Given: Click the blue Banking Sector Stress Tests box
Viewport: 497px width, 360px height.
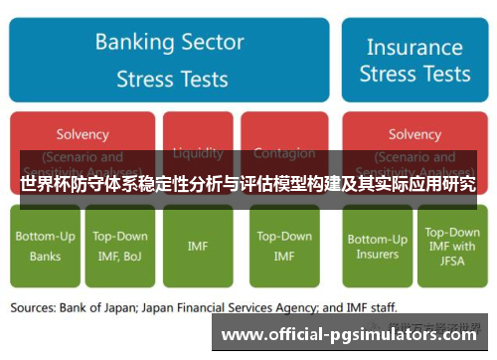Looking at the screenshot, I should click(x=169, y=60).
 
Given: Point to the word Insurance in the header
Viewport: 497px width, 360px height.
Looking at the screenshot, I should click(x=414, y=47).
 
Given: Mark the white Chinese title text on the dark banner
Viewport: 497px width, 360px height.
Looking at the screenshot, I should click(x=248, y=185).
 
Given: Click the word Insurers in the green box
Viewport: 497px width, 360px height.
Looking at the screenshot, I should click(x=377, y=254).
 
